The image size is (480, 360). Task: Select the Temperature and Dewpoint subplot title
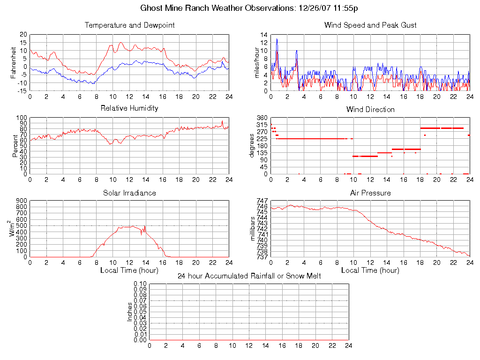point(129,25)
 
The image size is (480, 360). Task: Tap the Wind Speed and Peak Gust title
point(370,25)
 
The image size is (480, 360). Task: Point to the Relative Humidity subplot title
point(129,108)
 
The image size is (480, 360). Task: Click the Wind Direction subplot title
point(370,109)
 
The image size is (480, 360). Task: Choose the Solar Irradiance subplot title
point(129,193)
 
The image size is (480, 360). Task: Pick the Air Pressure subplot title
point(370,193)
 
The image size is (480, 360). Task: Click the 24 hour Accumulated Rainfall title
point(249,276)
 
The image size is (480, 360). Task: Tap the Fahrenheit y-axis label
point(14,62)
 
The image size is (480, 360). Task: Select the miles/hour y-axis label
point(256,62)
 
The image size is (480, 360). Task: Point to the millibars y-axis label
point(253,229)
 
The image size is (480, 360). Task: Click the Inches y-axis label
point(130,312)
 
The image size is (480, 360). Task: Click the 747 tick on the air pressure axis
point(262,201)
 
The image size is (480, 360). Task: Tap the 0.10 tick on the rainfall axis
point(140,284)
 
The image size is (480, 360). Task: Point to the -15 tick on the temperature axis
point(21,90)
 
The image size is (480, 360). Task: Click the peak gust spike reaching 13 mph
point(277,39)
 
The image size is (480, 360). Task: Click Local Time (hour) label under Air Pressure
point(370,270)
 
